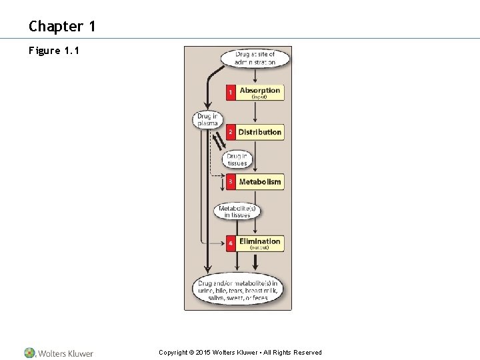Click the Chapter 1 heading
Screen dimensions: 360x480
[x=62, y=26]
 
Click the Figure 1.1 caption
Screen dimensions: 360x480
[x=54, y=51]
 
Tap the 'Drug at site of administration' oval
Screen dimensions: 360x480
[x=255, y=58]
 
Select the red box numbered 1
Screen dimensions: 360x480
[x=231, y=92]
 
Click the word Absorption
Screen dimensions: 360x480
[x=260, y=90]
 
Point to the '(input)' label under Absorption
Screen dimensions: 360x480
[x=259, y=97]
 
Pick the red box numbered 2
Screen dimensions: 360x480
[x=231, y=132]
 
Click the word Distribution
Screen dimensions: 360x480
[x=260, y=132]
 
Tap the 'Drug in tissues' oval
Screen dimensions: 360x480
[x=237, y=159]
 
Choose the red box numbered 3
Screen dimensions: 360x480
[x=231, y=181]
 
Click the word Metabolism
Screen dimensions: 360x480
[x=260, y=181]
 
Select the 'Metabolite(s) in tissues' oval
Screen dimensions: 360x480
[x=237, y=211]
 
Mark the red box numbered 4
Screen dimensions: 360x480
[x=231, y=243]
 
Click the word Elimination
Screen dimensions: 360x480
[x=260, y=241]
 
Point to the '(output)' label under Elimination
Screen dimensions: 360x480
[x=259, y=247]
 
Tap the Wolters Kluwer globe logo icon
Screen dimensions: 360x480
[x=30, y=353]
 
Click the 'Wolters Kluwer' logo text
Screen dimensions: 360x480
[x=65, y=353]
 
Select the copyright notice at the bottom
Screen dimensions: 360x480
[x=240, y=353]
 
